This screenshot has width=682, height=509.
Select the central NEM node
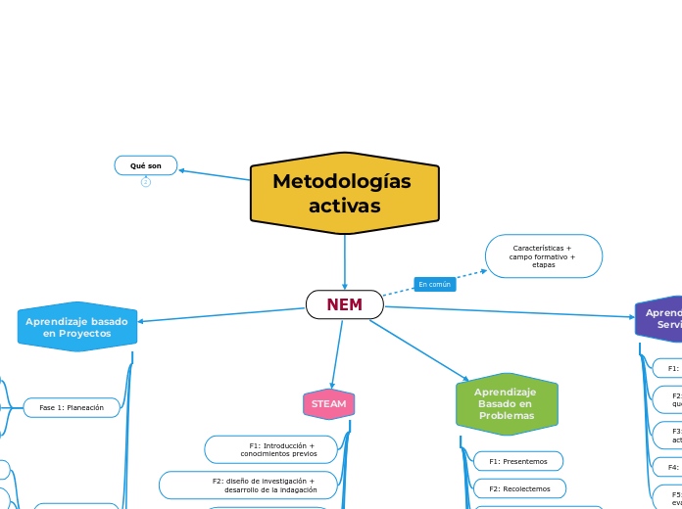coord(344,304)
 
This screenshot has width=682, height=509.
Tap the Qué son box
coord(146,165)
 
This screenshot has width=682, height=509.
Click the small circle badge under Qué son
coord(146,182)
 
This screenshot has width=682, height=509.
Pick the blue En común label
coord(434,284)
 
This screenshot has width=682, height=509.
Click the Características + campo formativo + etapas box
coord(543,256)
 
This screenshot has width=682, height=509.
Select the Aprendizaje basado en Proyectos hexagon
coord(77,327)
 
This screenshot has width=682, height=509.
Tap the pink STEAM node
coord(328,403)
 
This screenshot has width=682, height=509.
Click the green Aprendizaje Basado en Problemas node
coord(506,403)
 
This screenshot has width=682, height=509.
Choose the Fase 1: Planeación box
coord(71,407)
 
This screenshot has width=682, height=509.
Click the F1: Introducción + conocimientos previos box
coord(271,449)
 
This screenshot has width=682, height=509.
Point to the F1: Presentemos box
coord(517,461)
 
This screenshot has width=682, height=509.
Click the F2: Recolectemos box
coord(519,487)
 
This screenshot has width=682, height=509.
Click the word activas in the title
coord(344,206)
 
